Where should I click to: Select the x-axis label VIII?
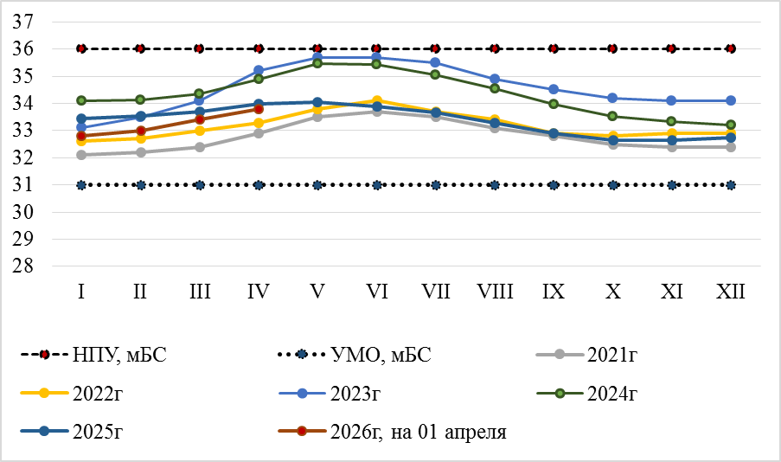[x=495, y=292]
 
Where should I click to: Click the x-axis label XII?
[x=731, y=292]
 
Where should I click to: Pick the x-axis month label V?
[x=317, y=292]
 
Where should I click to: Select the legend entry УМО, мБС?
[x=355, y=354]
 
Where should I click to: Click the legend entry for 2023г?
[x=355, y=394]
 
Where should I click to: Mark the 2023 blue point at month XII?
[x=731, y=100]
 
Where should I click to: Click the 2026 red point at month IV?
[x=259, y=109]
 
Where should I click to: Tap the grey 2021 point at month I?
[x=81, y=155]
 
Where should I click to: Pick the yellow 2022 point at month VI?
[x=376, y=100]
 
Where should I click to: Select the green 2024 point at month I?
[x=81, y=100]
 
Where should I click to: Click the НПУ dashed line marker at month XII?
[x=731, y=48]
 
